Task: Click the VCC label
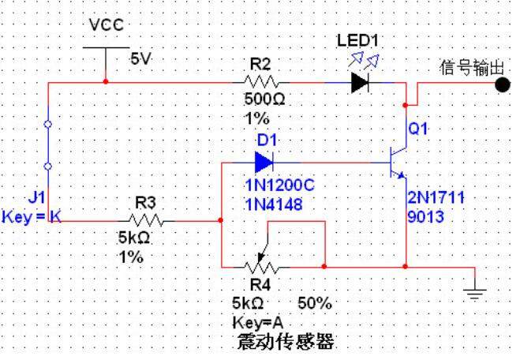point(107,25)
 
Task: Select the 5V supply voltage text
point(141,59)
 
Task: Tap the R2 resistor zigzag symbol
point(260,82)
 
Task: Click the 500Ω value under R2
point(264,99)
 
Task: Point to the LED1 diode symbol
point(360,83)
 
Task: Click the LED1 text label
point(357,41)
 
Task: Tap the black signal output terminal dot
point(503,84)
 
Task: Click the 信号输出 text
point(472,68)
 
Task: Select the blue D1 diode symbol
point(264,163)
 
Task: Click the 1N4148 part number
point(274,204)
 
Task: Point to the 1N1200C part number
point(279,186)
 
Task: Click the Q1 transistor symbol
point(398,163)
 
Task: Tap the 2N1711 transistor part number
point(436,197)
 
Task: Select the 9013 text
point(425,217)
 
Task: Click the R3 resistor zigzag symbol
point(146,220)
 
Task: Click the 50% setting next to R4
point(315,303)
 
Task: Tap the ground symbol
point(474,294)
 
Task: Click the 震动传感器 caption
point(286,342)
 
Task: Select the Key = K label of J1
point(32,217)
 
